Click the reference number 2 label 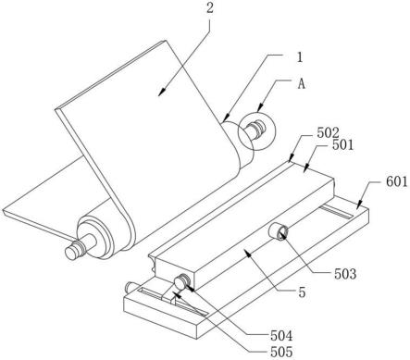pos(209,8)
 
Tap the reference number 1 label pos(299,57)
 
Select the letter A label pos(301,83)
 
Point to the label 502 pos(328,133)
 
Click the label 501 pos(342,144)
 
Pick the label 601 pos(397,181)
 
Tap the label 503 pos(345,274)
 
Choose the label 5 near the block pos(302,292)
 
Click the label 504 pos(281,336)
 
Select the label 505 pos(281,352)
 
